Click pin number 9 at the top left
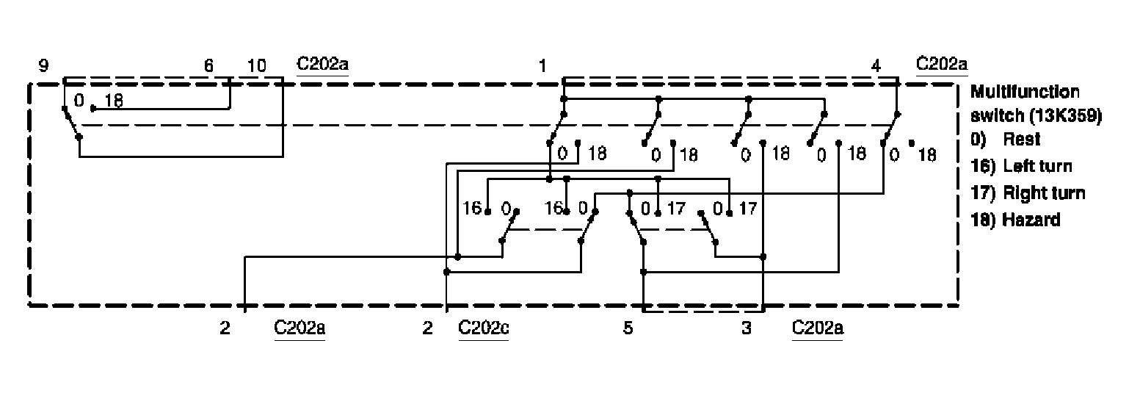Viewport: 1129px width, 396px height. [44, 66]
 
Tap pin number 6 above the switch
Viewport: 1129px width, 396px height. [208, 66]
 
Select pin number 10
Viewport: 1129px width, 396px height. [256, 66]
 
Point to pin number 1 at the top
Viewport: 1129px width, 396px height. [542, 66]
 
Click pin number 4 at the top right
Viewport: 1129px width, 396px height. [876, 66]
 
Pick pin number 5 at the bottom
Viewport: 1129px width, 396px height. [628, 328]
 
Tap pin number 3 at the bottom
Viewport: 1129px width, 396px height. [747, 328]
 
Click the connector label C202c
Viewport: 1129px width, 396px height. [484, 328]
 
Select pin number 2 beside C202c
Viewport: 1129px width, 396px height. [427, 328]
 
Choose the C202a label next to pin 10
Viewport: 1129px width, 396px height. [322, 64]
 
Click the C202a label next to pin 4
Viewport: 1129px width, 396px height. [942, 64]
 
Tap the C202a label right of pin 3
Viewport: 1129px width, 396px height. [818, 328]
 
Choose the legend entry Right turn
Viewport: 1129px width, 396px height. [1043, 193]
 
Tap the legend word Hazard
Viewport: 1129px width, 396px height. [1031, 219]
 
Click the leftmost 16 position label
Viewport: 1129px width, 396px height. [471, 209]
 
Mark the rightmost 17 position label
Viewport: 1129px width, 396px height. [747, 209]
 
